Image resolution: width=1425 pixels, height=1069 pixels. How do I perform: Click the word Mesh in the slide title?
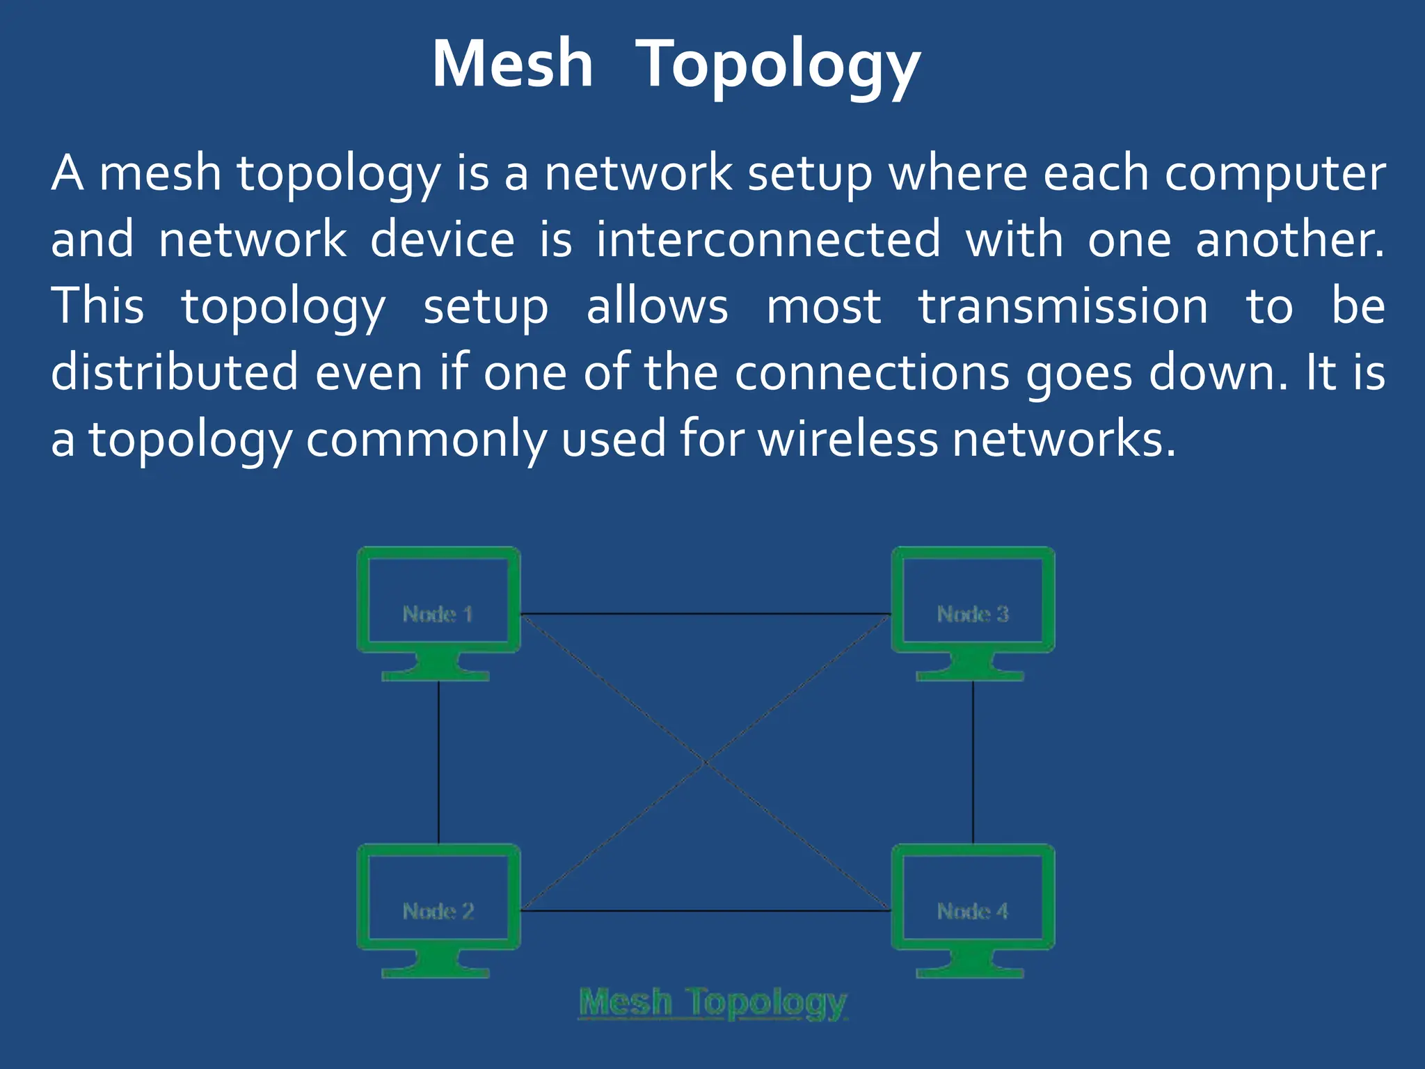point(513,64)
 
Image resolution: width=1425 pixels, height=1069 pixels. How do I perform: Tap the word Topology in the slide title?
point(779,67)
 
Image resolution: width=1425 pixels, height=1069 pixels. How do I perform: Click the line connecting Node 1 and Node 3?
point(706,614)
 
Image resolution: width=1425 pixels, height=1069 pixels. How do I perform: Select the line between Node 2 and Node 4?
point(706,910)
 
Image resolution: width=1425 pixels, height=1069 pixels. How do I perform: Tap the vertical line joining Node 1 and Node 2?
point(438,762)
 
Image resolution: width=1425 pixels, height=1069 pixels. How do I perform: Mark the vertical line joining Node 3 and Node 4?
point(973,762)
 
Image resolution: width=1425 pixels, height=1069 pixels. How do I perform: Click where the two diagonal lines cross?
point(706,763)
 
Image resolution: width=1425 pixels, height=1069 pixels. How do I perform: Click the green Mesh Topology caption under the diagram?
point(713,1004)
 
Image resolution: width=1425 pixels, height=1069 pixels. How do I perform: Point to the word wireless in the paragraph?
point(847,440)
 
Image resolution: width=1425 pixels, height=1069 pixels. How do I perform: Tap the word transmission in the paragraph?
point(1063,306)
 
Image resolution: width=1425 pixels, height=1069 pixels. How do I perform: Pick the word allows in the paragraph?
point(658,306)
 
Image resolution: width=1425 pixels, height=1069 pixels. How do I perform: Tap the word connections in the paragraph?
point(873,373)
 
